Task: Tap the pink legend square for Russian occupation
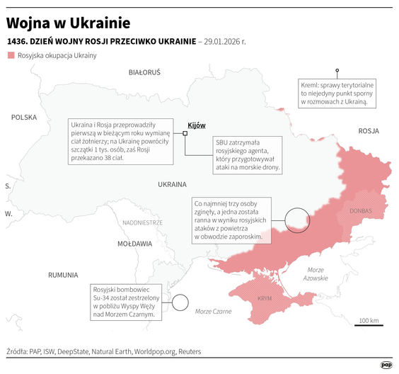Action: pyautogui.click(x=11, y=55)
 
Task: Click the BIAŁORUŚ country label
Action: pyautogui.click(x=144, y=72)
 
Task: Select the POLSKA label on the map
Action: pyautogui.click(x=24, y=118)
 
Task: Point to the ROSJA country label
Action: pyautogui.click(x=369, y=131)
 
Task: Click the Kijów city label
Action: pyautogui.click(x=197, y=125)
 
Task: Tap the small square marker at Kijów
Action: pyautogui.click(x=185, y=132)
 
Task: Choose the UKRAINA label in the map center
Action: pyautogui.click(x=171, y=183)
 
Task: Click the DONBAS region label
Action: pyautogui.click(x=360, y=210)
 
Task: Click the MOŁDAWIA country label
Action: pyautogui.click(x=134, y=243)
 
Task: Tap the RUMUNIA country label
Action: pyautogui.click(x=63, y=274)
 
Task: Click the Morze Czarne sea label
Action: pyautogui.click(x=213, y=311)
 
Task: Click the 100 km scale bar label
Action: pyautogui.click(x=368, y=322)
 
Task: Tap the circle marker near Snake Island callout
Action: pyautogui.click(x=180, y=303)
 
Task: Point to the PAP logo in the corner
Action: pyautogui.click(x=386, y=365)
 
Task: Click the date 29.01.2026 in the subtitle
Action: pyautogui.click(x=224, y=41)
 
